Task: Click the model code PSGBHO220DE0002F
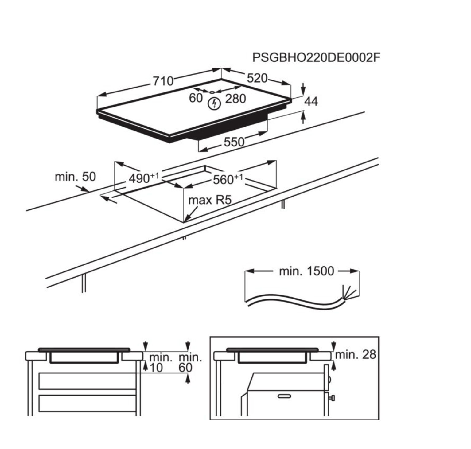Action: (316, 58)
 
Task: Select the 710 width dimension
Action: (163, 81)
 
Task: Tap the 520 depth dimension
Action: (257, 78)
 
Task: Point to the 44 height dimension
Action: (311, 101)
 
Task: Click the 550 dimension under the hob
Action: (234, 142)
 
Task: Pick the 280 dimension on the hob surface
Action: (235, 99)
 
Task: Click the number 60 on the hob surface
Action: (196, 98)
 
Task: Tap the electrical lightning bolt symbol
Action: (215, 103)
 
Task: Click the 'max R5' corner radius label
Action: (209, 200)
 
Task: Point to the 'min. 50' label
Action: (75, 177)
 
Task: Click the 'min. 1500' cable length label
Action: (306, 271)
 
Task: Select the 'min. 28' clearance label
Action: (355, 355)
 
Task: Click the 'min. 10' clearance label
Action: (160, 363)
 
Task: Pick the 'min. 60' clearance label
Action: (190, 363)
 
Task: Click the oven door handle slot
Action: (284, 396)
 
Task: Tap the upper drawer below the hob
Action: (87, 381)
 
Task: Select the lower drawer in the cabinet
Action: (87, 403)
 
